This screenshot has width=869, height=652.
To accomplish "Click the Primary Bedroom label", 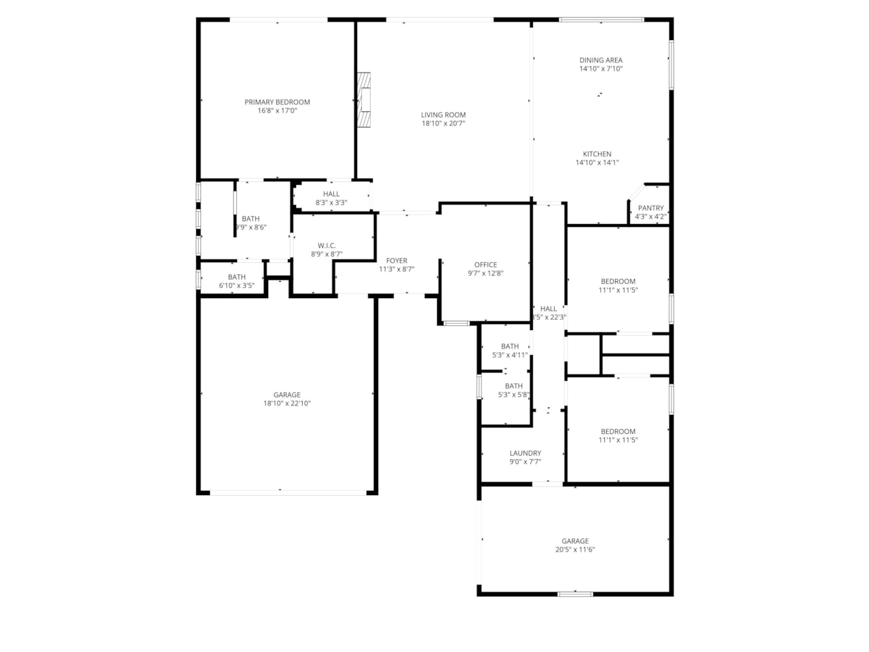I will tap(277, 102).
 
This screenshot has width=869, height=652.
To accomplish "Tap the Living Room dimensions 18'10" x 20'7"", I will tap(443, 124).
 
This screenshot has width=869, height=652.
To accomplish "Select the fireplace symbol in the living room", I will tap(365, 100).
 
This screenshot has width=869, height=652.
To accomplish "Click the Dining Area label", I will tap(601, 60).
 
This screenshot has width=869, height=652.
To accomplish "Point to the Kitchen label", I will tap(597, 154).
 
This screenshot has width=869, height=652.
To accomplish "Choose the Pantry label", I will tap(650, 209).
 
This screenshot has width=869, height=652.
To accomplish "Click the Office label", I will tap(485, 265).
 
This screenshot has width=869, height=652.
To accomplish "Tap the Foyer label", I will tap(396, 261).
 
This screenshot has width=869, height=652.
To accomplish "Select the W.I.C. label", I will tap(327, 246).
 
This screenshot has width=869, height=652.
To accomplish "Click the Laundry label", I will tap(525, 453).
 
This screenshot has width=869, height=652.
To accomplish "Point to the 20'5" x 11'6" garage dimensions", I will tap(575, 550).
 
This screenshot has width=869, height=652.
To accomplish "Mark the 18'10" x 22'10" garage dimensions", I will tap(286, 403).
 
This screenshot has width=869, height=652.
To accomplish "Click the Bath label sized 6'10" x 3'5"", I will tap(236, 277).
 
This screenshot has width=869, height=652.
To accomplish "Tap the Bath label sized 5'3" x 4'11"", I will tap(510, 346).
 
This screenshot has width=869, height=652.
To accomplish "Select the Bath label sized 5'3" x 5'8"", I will tap(513, 386).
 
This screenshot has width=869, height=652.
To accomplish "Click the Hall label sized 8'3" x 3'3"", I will tap(331, 194).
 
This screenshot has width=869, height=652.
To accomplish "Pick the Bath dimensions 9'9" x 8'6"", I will tap(251, 228).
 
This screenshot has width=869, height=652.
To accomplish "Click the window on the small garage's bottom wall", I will tap(575, 594).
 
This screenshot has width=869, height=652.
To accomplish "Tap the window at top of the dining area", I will tap(602, 20).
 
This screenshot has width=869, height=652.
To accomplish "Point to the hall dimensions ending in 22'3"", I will tap(549, 317).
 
